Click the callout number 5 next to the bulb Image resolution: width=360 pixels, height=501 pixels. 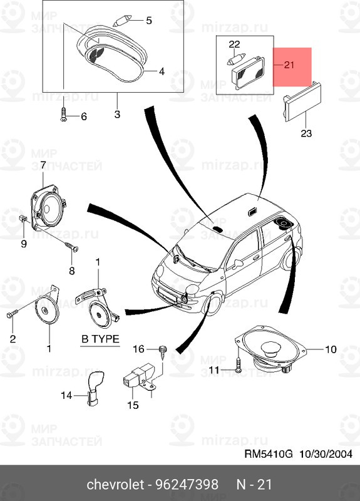(149, 21)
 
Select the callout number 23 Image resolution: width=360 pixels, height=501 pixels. (305, 133)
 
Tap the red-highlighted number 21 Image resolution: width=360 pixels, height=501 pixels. (288, 65)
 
